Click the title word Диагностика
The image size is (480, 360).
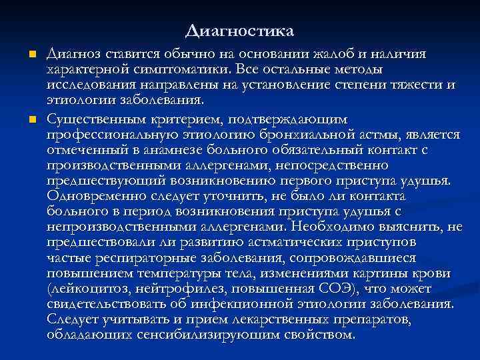click(240, 31)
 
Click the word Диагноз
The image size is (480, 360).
click(73, 53)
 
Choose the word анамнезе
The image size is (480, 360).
click(176, 150)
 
